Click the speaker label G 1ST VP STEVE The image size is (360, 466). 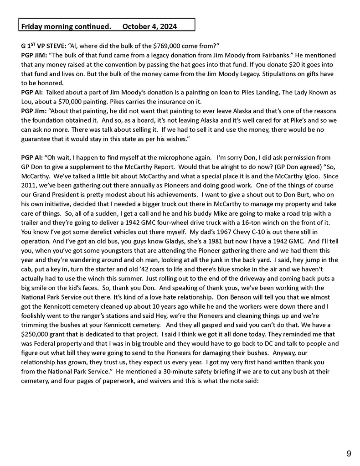tap(43, 46)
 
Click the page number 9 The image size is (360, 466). tap(349, 453)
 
